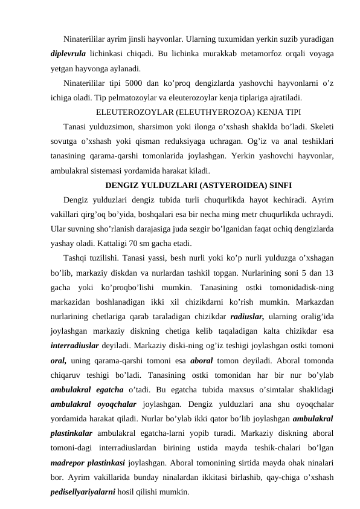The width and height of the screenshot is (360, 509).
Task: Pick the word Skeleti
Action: [x=320, y=126]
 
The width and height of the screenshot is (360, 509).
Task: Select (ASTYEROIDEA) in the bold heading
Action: [x=222, y=185]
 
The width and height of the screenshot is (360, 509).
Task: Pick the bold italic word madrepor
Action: [x=68, y=464]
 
